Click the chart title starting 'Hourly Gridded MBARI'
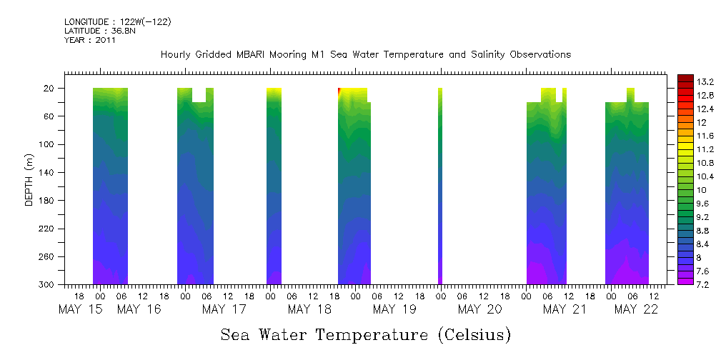click(366, 54)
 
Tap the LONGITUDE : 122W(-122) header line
click(117, 22)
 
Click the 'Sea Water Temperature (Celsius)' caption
click(366, 334)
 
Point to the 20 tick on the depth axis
click(50, 89)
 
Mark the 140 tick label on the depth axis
click(48, 173)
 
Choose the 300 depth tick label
click(48, 285)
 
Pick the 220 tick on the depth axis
click(48, 229)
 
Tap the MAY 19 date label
click(394, 309)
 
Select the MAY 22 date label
click(635, 309)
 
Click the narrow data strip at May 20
click(440, 186)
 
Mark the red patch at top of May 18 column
click(340, 91)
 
